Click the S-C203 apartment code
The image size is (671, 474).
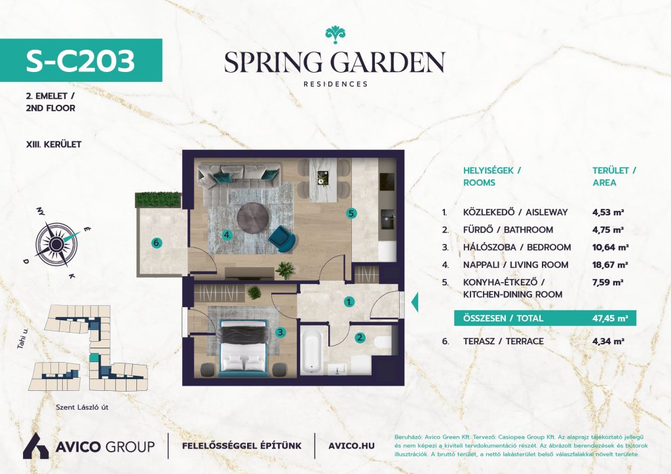81,60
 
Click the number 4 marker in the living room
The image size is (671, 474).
227,234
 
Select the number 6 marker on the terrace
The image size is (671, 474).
157,243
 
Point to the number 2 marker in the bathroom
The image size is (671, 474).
360,338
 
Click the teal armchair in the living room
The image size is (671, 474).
282,238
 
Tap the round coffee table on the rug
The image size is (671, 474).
254,217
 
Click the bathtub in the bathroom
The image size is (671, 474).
311,350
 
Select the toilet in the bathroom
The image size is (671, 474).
383,342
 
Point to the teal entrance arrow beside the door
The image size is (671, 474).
415,302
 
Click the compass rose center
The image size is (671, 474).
56,244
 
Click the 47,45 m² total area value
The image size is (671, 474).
610,318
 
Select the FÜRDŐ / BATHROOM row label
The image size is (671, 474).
508,230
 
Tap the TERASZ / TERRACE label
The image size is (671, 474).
503,342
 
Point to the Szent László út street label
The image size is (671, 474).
82,407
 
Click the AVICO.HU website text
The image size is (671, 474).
351,446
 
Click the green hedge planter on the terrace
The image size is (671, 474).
158,200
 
